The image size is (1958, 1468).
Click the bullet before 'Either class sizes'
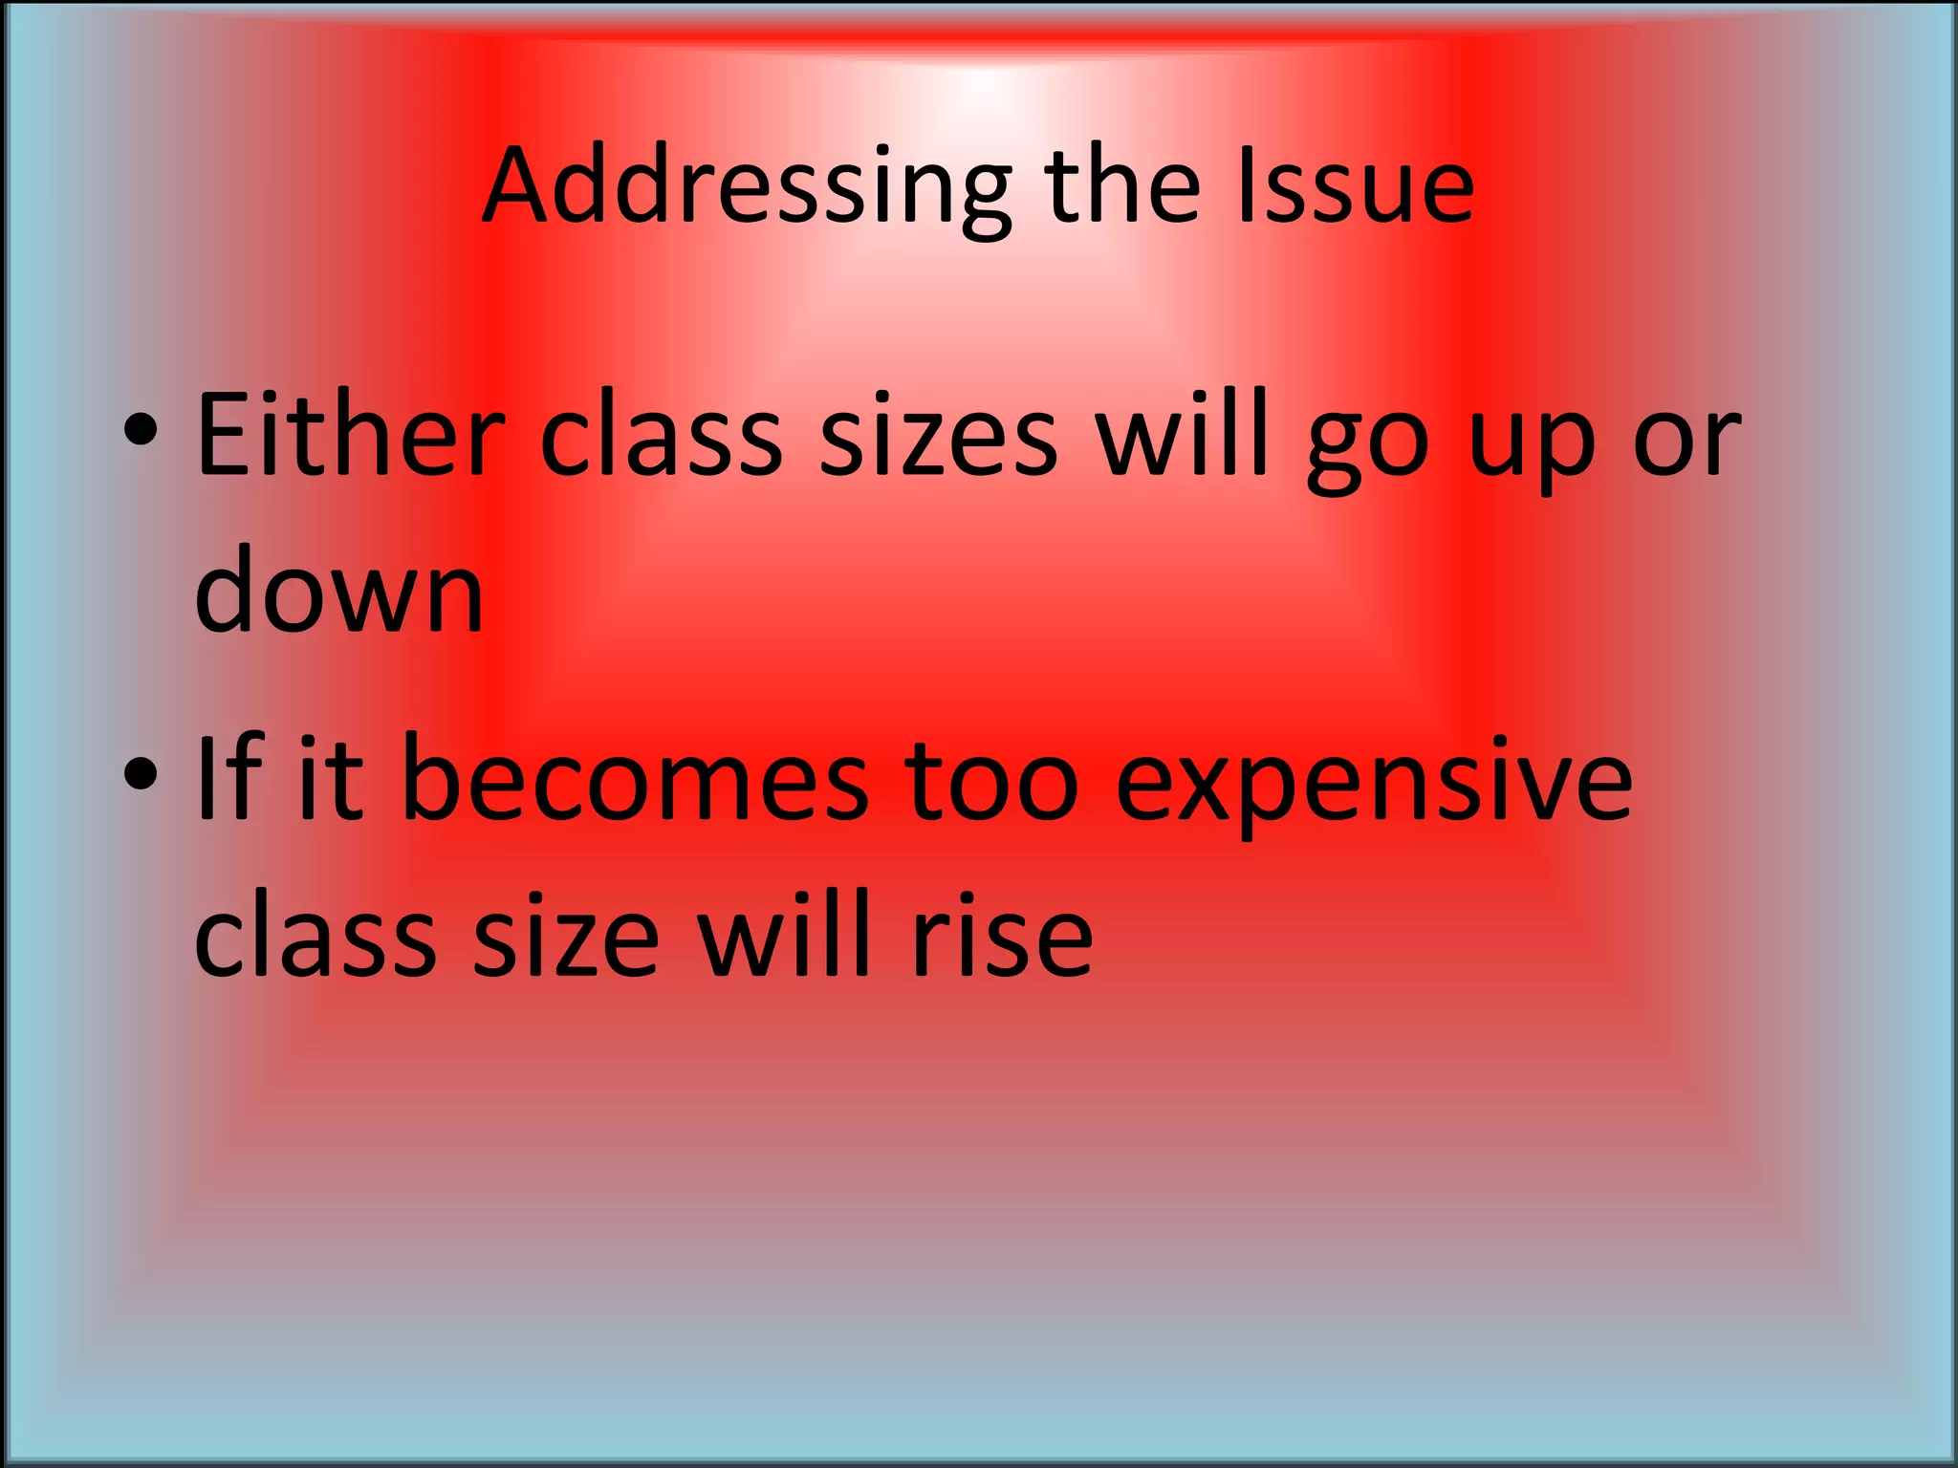click(141, 431)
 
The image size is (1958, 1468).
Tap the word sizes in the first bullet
click(938, 436)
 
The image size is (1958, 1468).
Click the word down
click(338, 591)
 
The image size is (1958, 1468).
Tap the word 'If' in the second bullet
click(228, 779)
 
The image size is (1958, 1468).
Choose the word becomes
click(635, 779)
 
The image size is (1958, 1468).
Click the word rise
click(1001, 935)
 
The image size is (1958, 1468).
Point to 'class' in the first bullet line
click(661, 436)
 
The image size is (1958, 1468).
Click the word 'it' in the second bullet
click(331, 779)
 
